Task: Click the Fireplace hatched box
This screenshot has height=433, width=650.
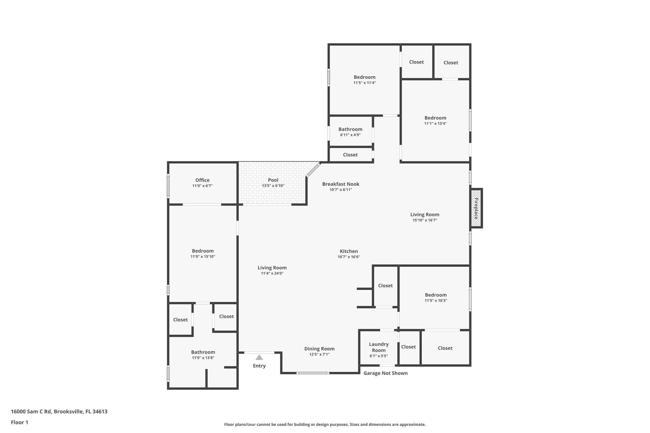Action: [476, 208]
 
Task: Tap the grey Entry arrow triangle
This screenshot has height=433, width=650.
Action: [259, 358]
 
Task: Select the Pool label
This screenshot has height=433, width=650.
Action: [273, 180]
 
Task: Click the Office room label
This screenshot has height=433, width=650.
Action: [202, 180]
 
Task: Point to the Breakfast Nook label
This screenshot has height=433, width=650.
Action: [341, 184]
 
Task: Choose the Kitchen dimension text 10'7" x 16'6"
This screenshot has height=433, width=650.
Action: [349, 257]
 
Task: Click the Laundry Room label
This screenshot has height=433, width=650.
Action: [379, 347]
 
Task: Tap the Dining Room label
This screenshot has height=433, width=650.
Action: [319, 349]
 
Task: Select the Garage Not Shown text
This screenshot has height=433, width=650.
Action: [385, 373]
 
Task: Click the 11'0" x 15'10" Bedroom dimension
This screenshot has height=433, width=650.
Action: [202, 257]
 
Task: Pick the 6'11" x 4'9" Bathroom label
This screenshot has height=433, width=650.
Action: [350, 129]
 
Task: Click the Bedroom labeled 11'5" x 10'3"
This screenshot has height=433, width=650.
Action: [436, 295]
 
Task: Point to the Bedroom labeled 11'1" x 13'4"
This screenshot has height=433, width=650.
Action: [435, 118]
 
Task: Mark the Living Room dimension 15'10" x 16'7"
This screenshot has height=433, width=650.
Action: [425, 220]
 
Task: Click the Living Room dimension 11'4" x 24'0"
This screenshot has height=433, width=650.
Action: [272, 273]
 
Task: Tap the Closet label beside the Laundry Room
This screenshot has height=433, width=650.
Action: [408, 347]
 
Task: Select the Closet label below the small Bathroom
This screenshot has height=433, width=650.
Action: [350, 155]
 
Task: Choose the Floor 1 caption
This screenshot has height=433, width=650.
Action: [19, 422]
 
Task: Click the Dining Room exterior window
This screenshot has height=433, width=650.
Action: [313, 373]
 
